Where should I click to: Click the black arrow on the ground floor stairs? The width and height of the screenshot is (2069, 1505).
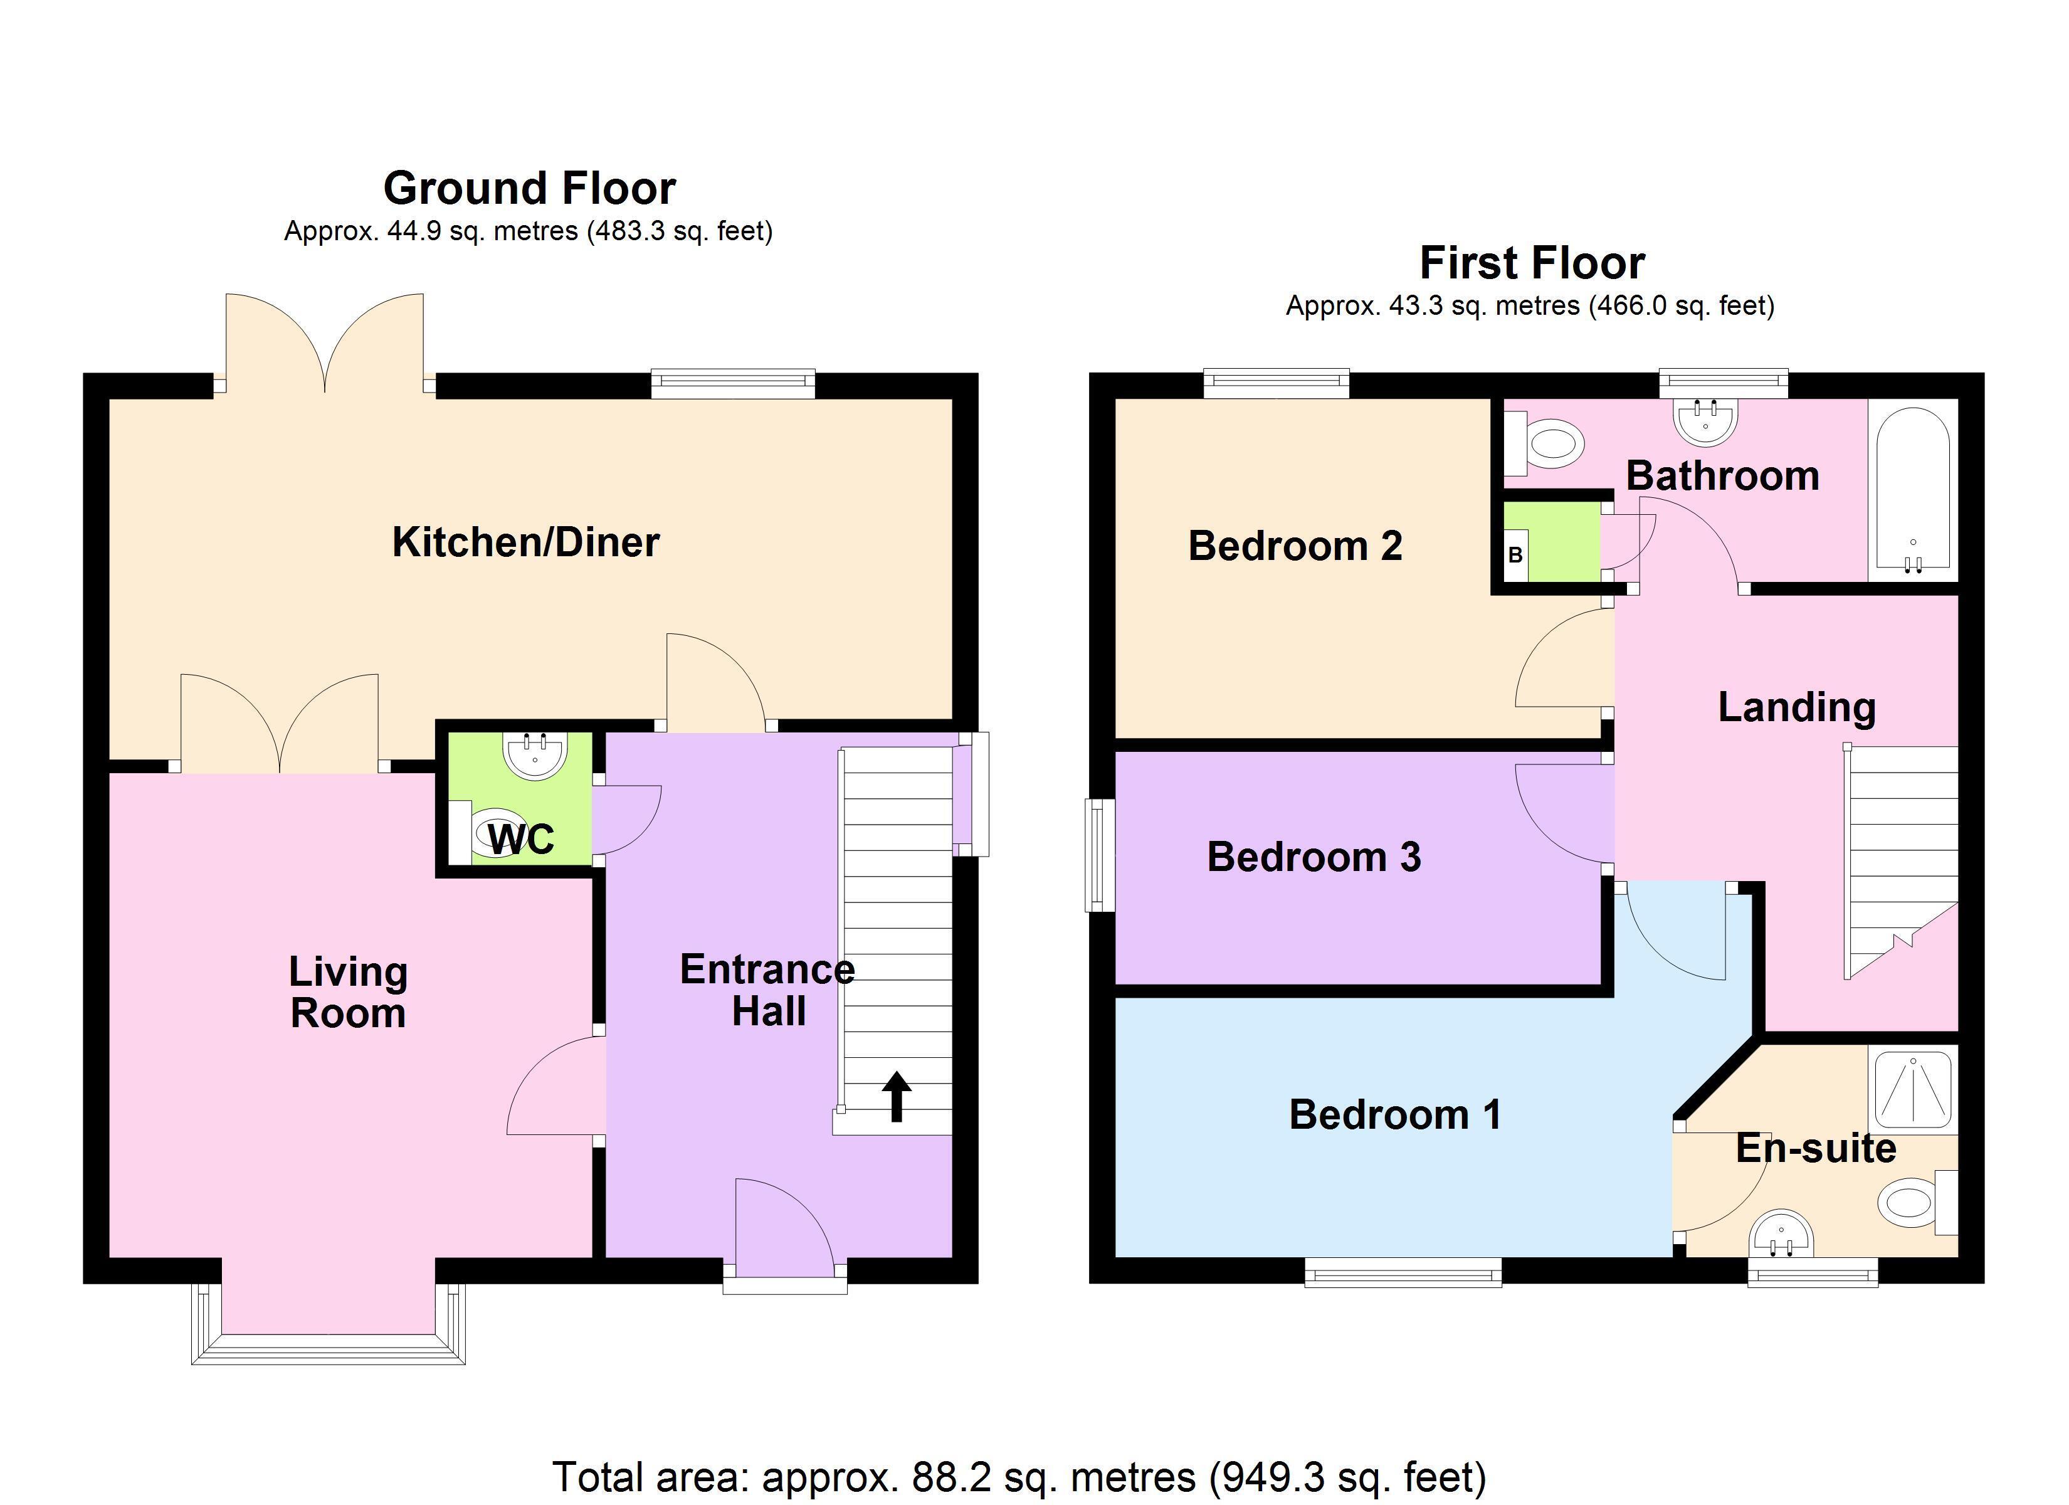[x=897, y=1096]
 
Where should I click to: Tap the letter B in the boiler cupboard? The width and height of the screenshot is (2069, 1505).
[x=1515, y=555]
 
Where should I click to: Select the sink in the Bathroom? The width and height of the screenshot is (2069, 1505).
[x=1705, y=421]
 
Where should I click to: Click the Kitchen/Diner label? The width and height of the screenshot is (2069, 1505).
[x=525, y=542]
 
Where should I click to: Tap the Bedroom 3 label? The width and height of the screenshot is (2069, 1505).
[x=1314, y=857]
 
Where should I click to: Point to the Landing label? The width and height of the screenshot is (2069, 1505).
[x=1796, y=708]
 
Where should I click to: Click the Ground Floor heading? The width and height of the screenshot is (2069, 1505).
[x=529, y=188]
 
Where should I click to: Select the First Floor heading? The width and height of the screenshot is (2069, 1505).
[x=1532, y=263]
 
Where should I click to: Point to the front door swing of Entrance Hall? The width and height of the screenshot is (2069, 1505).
[x=784, y=1223]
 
